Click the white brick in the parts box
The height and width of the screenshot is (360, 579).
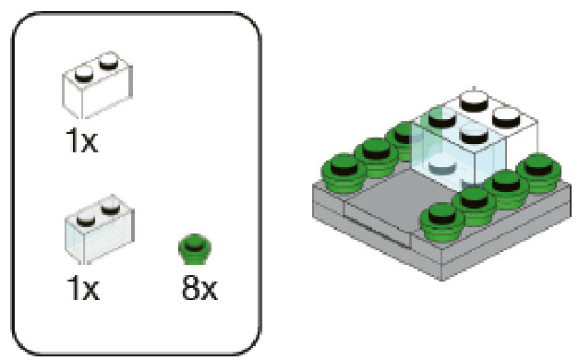click(x=97, y=86)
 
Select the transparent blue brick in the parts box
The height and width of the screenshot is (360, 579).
click(x=100, y=230)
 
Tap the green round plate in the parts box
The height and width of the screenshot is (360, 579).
click(x=195, y=249)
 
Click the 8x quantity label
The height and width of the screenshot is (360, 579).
click(x=199, y=289)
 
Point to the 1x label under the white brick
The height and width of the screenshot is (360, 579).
click(x=82, y=140)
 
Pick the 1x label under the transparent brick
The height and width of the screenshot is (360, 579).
click(x=83, y=289)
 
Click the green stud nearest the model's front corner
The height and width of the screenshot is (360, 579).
click(x=442, y=221)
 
